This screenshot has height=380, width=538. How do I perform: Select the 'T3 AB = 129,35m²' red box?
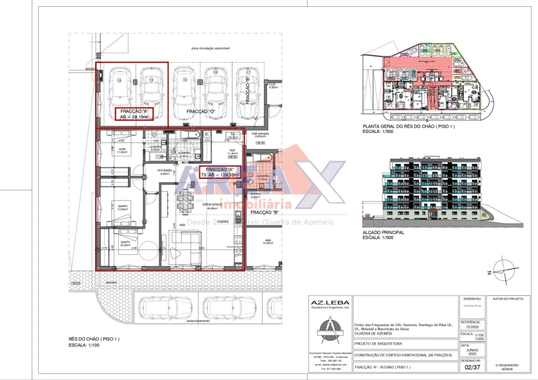[x=219, y=171]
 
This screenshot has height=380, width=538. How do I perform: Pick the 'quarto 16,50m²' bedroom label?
[x=124, y=244]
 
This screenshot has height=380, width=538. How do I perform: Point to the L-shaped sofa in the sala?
[x=187, y=248]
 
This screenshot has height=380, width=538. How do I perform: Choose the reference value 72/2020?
[x=470, y=326]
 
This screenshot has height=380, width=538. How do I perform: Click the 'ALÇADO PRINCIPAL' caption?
[x=384, y=232]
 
